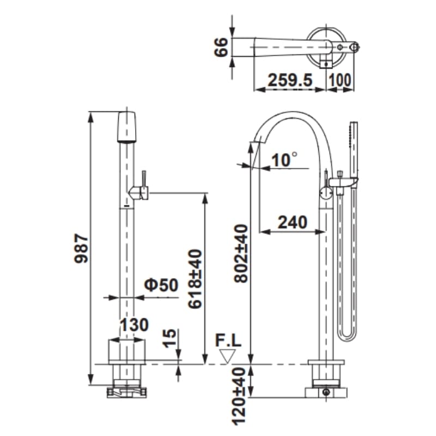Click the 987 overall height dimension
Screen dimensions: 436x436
(x=81, y=249)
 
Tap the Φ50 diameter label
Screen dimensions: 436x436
(x=161, y=284)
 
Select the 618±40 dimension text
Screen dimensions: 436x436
(x=195, y=279)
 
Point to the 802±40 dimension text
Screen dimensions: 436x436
(x=240, y=253)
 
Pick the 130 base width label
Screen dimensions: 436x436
(x=134, y=324)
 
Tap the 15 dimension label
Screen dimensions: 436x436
(x=169, y=338)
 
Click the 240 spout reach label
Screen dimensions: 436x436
(x=293, y=222)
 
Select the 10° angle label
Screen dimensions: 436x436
(x=284, y=160)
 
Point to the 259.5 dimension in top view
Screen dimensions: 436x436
(x=290, y=80)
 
